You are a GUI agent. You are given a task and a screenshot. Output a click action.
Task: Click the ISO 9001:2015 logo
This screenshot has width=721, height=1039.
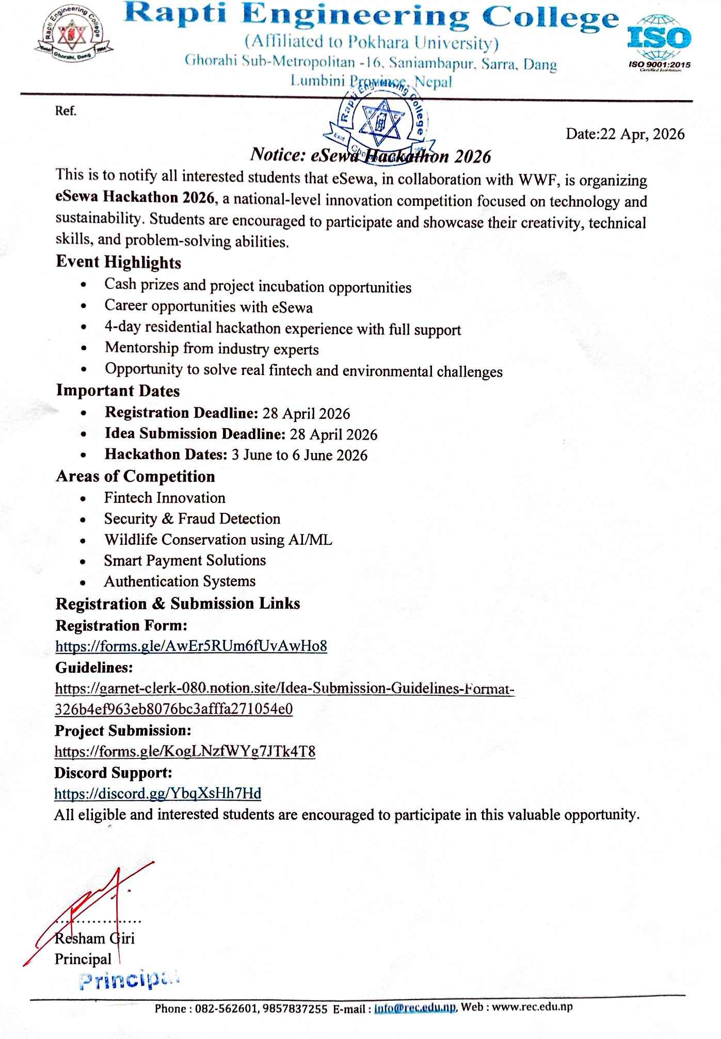659,43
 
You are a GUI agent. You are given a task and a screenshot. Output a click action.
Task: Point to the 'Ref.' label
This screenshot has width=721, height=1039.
66,111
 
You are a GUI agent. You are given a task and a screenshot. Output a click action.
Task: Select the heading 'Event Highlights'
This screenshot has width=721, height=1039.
118,263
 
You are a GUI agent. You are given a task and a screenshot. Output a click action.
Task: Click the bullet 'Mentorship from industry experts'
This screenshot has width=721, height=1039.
212,349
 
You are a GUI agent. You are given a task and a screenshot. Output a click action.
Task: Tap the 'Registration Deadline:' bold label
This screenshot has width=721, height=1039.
181,413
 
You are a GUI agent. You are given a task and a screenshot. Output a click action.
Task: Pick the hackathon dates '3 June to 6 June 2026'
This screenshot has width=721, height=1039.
299,455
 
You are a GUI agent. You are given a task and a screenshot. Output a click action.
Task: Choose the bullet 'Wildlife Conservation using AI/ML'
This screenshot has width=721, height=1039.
218,540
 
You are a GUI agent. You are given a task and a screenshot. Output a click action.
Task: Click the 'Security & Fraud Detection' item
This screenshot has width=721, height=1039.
192,518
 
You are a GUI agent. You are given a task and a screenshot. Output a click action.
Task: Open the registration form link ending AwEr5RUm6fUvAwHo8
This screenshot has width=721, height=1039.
191,646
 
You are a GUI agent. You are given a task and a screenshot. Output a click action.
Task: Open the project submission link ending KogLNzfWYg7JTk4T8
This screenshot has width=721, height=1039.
185,751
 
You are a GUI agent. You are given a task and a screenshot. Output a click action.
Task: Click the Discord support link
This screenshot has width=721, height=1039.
157,793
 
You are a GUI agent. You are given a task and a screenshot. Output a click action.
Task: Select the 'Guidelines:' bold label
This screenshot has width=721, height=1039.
94,668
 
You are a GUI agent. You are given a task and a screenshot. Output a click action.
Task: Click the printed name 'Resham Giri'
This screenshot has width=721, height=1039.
94,938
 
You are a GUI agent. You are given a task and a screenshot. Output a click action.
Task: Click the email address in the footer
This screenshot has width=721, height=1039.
415,1007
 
